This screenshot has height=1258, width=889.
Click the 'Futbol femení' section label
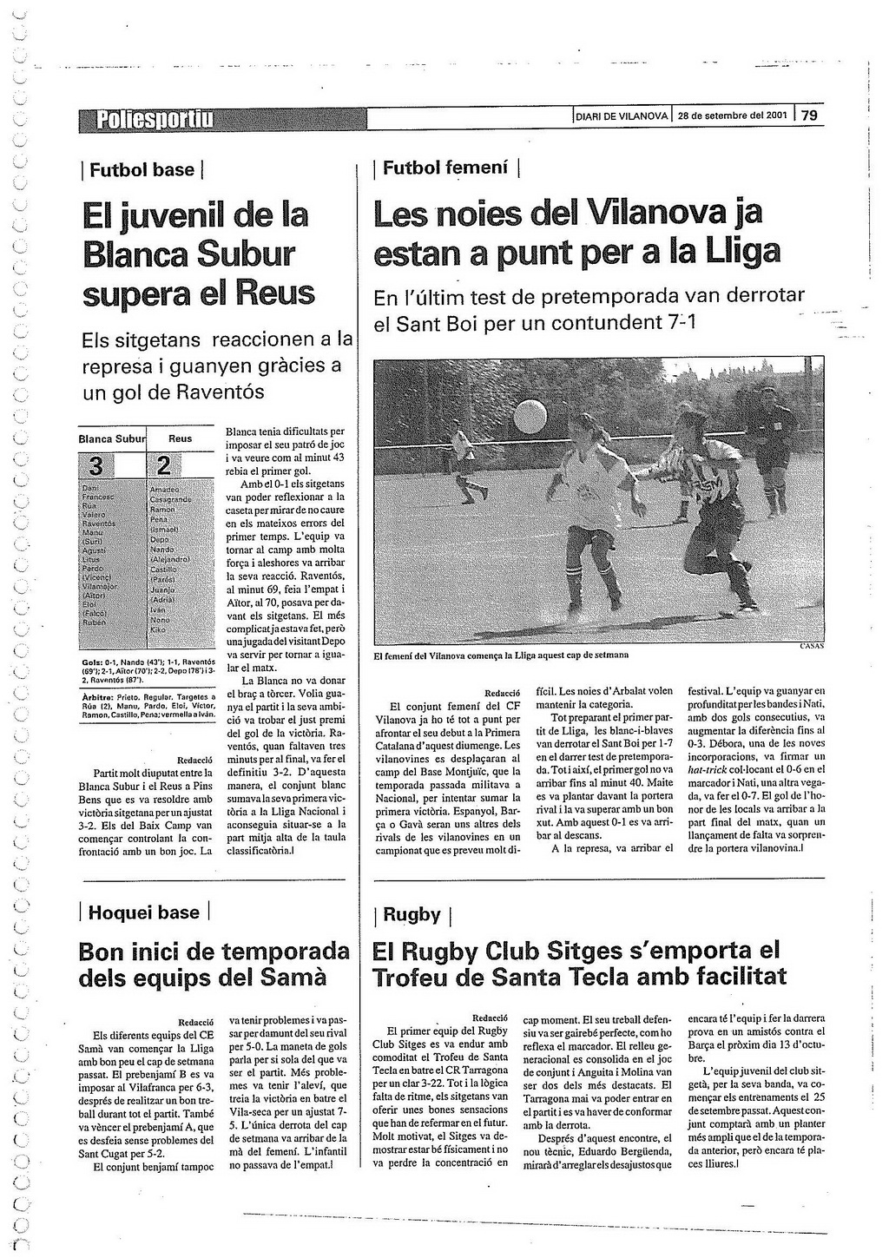(445, 168)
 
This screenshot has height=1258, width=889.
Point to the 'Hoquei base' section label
(144, 912)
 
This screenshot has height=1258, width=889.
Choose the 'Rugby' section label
(412, 914)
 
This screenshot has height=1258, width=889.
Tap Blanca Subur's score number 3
(95, 466)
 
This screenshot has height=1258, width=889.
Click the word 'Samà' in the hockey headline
(293, 978)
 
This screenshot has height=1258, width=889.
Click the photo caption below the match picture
(501, 655)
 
